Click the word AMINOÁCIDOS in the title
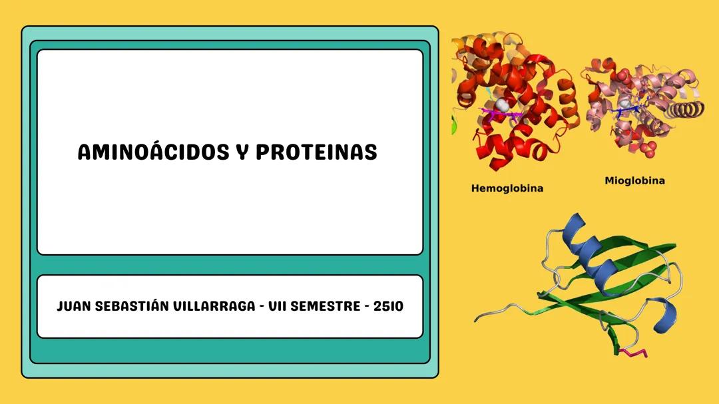point(151,152)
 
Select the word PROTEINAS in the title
point(316,152)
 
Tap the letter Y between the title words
point(241,152)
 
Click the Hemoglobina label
point(507,188)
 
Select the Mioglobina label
point(634,180)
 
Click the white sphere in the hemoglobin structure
point(504,106)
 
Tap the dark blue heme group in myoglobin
point(626,110)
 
